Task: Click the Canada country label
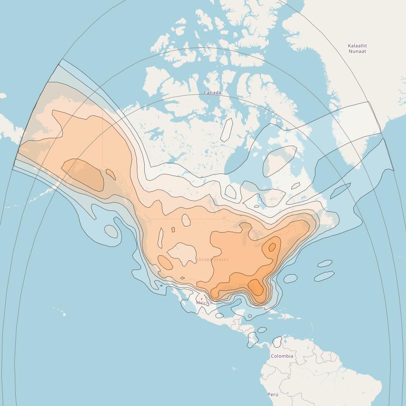212,92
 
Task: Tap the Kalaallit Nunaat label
357,49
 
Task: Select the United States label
212,259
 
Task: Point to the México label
204,302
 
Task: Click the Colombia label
282,356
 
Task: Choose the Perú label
273,394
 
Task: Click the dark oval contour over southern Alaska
83,175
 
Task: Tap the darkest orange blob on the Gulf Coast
256,286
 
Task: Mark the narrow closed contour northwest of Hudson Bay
227,130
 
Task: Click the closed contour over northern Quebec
280,160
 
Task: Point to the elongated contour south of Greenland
340,190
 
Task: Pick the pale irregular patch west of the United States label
183,254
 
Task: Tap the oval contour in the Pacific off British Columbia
111,231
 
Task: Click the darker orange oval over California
165,263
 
